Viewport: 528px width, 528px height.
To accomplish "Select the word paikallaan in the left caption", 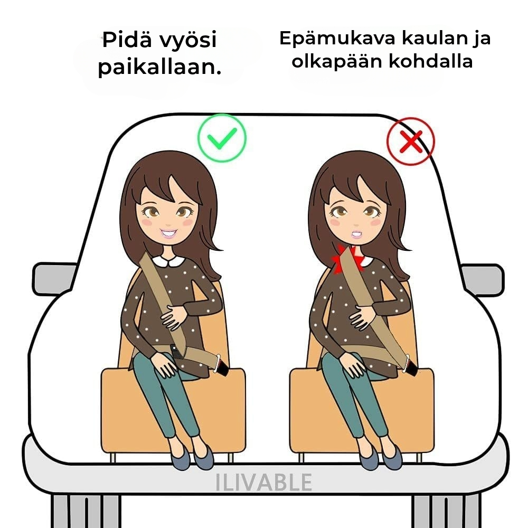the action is [159, 67].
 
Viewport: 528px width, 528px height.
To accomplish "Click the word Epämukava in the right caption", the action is [337, 39].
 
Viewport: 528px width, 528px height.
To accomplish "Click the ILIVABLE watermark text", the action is [263, 482].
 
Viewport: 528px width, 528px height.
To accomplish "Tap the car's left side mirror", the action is [54, 278].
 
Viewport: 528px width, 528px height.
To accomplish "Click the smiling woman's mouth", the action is [169, 233].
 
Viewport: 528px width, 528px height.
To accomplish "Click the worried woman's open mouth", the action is [356, 234].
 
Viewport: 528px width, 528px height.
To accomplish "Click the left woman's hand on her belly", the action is [173, 316].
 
